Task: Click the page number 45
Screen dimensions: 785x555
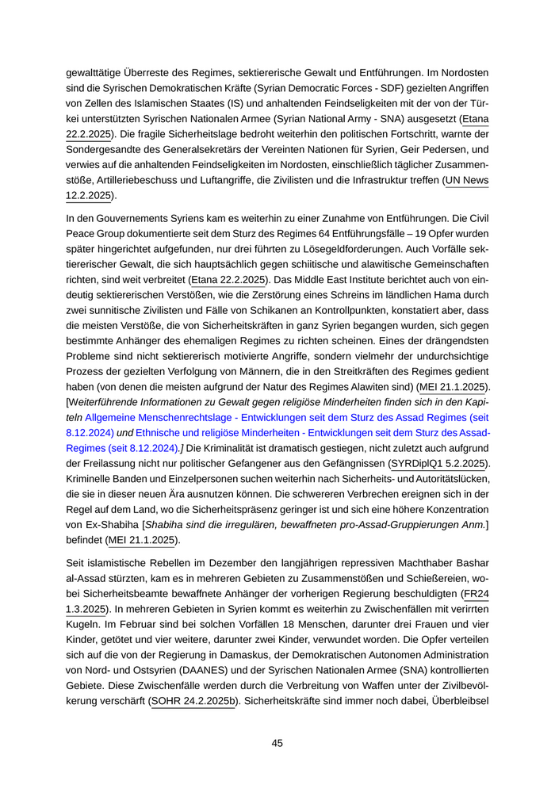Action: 277,743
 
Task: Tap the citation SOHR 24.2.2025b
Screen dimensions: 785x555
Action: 193,702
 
